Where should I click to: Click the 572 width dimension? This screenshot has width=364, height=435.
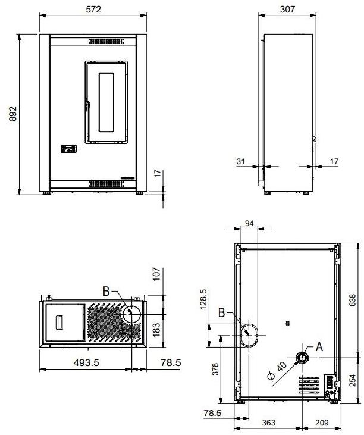(x=93, y=10)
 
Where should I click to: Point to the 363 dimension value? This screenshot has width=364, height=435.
(x=268, y=423)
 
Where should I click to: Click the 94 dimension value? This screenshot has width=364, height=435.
(x=250, y=223)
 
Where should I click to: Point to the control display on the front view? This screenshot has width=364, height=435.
(x=70, y=149)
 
